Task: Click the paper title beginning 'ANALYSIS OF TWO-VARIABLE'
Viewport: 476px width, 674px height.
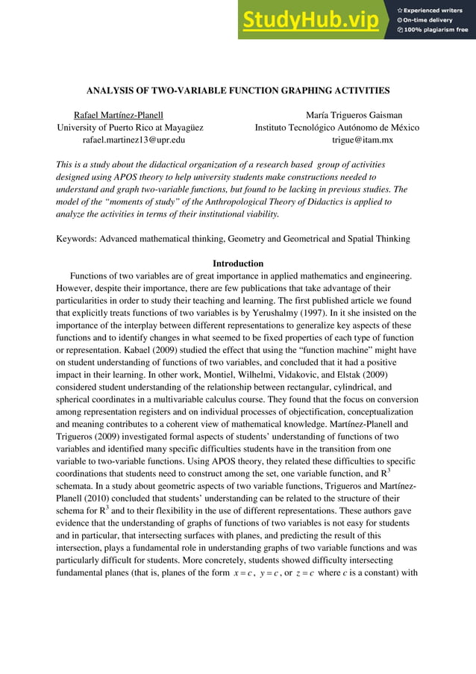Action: pos(238,90)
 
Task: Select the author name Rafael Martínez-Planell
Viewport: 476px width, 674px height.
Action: pos(119,115)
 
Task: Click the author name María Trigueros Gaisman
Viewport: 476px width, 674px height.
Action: pos(354,115)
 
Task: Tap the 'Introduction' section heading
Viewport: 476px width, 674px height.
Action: pos(238,263)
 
